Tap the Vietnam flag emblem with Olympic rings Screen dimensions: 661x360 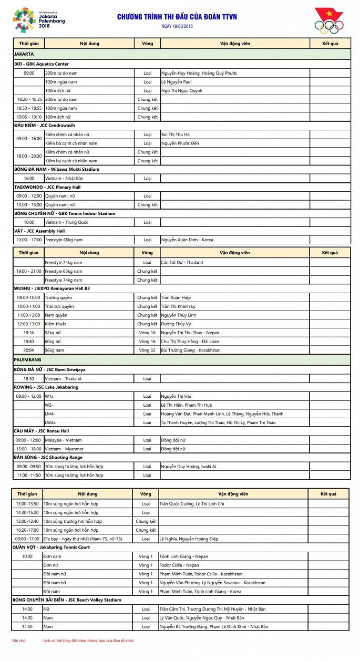click(x=329, y=20)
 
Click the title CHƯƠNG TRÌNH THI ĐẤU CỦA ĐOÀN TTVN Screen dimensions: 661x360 click(x=177, y=17)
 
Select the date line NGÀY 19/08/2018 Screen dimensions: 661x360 click(x=177, y=26)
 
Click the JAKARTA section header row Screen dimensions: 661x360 click(x=181, y=54)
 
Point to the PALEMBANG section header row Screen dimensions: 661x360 click(x=181, y=360)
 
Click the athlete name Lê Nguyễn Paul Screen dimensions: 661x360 click(x=176, y=82)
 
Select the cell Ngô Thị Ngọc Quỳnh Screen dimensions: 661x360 click(x=182, y=91)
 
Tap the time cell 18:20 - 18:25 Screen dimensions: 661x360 click(x=29, y=99)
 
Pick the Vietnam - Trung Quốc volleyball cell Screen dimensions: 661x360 click(x=66, y=222)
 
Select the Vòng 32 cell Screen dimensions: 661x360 click(x=147, y=350)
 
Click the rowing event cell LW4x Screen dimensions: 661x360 click(x=50, y=422)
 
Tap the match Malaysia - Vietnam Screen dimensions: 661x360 click(x=63, y=440)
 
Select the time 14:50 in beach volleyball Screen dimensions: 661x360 click(x=27, y=626)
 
